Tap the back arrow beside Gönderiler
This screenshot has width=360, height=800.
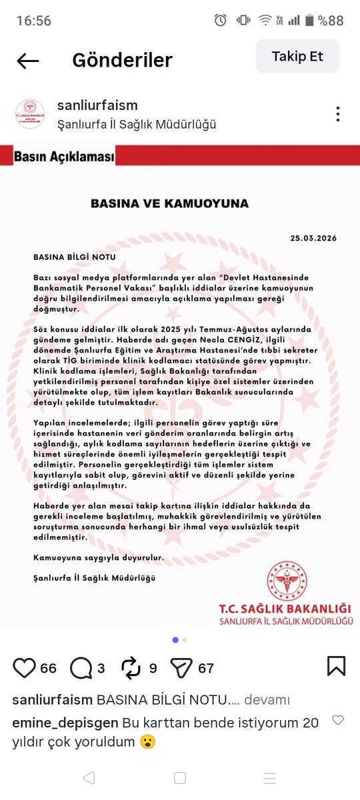pyautogui.click(x=28, y=61)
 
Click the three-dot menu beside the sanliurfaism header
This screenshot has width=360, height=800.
pyautogui.click(x=339, y=114)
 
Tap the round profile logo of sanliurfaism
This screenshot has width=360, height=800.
pyautogui.click(x=29, y=114)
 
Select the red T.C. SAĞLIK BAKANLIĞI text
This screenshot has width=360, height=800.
pyautogui.click(x=285, y=609)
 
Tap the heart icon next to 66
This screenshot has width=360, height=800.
pyautogui.click(x=24, y=667)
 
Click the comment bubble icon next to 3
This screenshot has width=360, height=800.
pyautogui.click(x=81, y=667)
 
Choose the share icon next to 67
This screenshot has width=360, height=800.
pyautogui.click(x=181, y=667)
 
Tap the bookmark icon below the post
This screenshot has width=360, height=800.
pyautogui.click(x=336, y=667)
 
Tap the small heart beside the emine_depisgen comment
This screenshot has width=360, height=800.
pyautogui.click(x=338, y=721)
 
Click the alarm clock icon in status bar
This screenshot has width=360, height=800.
pyautogui.click(x=221, y=21)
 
